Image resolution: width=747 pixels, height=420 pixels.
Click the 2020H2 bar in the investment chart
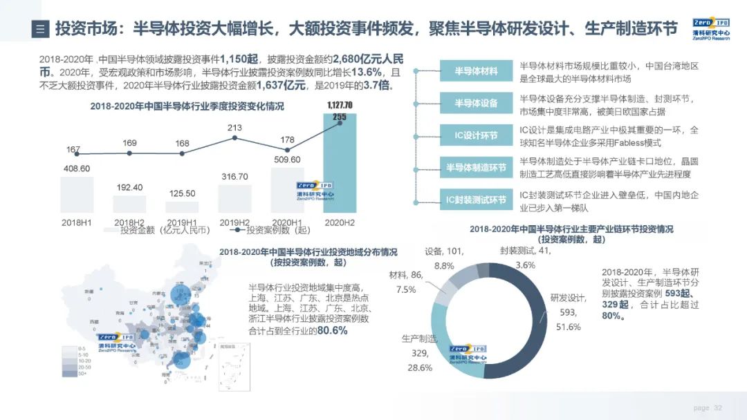pyautogui.click(x=340, y=166)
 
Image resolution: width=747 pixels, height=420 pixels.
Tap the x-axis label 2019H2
pyautogui.click(x=234, y=222)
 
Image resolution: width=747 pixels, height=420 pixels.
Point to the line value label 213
pyautogui.click(x=234, y=128)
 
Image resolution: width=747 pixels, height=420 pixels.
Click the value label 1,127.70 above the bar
pyautogui.click(x=340, y=105)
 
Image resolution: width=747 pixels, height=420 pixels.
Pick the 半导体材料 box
pyautogui.click(x=476, y=71)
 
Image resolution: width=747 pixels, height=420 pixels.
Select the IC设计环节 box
pyautogui.click(x=476, y=135)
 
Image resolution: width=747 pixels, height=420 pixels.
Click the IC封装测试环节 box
pyautogui.click(x=476, y=200)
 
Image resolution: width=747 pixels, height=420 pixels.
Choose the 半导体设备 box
pyautogui.click(x=476, y=104)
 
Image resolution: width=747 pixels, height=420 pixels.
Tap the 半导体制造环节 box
pyautogui.click(x=476, y=168)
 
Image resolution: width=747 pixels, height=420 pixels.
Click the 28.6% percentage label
pyautogui.click(x=419, y=367)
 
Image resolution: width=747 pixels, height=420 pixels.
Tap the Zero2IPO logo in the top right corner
pyautogui.click(x=710, y=28)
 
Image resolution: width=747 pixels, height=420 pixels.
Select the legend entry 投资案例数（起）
pyautogui.click(x=270, y=231)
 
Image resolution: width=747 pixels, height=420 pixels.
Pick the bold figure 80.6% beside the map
pyautogui.click(x=332, y=331)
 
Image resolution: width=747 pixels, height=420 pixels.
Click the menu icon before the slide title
pyautogui.click(x=41, y=29)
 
